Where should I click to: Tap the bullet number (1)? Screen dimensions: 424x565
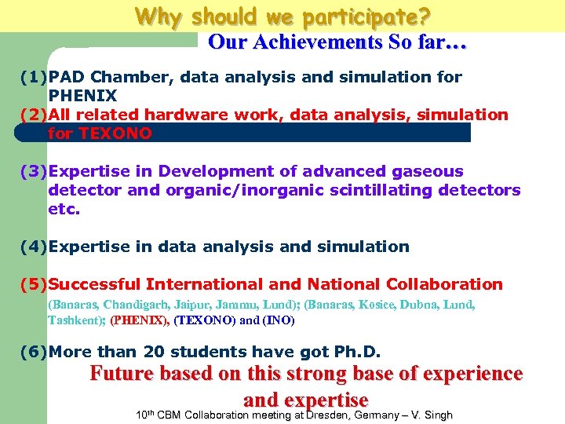[34, 77]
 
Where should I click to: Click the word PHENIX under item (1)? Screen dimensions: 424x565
[82, 96]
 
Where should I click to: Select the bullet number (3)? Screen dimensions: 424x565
[34, 171]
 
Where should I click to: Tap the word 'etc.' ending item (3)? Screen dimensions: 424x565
[64, 209]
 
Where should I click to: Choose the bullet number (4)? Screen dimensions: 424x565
[34, 247]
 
